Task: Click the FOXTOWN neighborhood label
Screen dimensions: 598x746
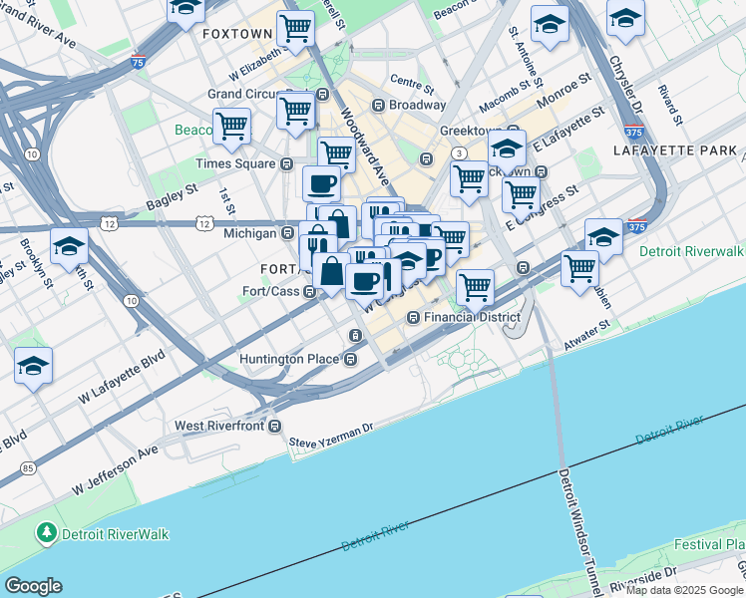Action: (x=236, y=34)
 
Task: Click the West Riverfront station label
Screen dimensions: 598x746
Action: (x=219, y=426)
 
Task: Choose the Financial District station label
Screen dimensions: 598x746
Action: (x=472, y=317)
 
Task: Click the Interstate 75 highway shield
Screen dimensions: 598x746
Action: (x=138, y=62)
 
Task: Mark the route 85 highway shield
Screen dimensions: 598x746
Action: (x=25, y=467)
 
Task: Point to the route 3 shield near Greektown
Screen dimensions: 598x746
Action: (x=458, y=152)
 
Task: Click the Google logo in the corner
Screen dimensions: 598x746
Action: (x=33, y=586)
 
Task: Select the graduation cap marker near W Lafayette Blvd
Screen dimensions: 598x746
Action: (x=34, y=367)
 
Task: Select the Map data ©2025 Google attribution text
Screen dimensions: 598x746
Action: (x=683, y=590)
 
